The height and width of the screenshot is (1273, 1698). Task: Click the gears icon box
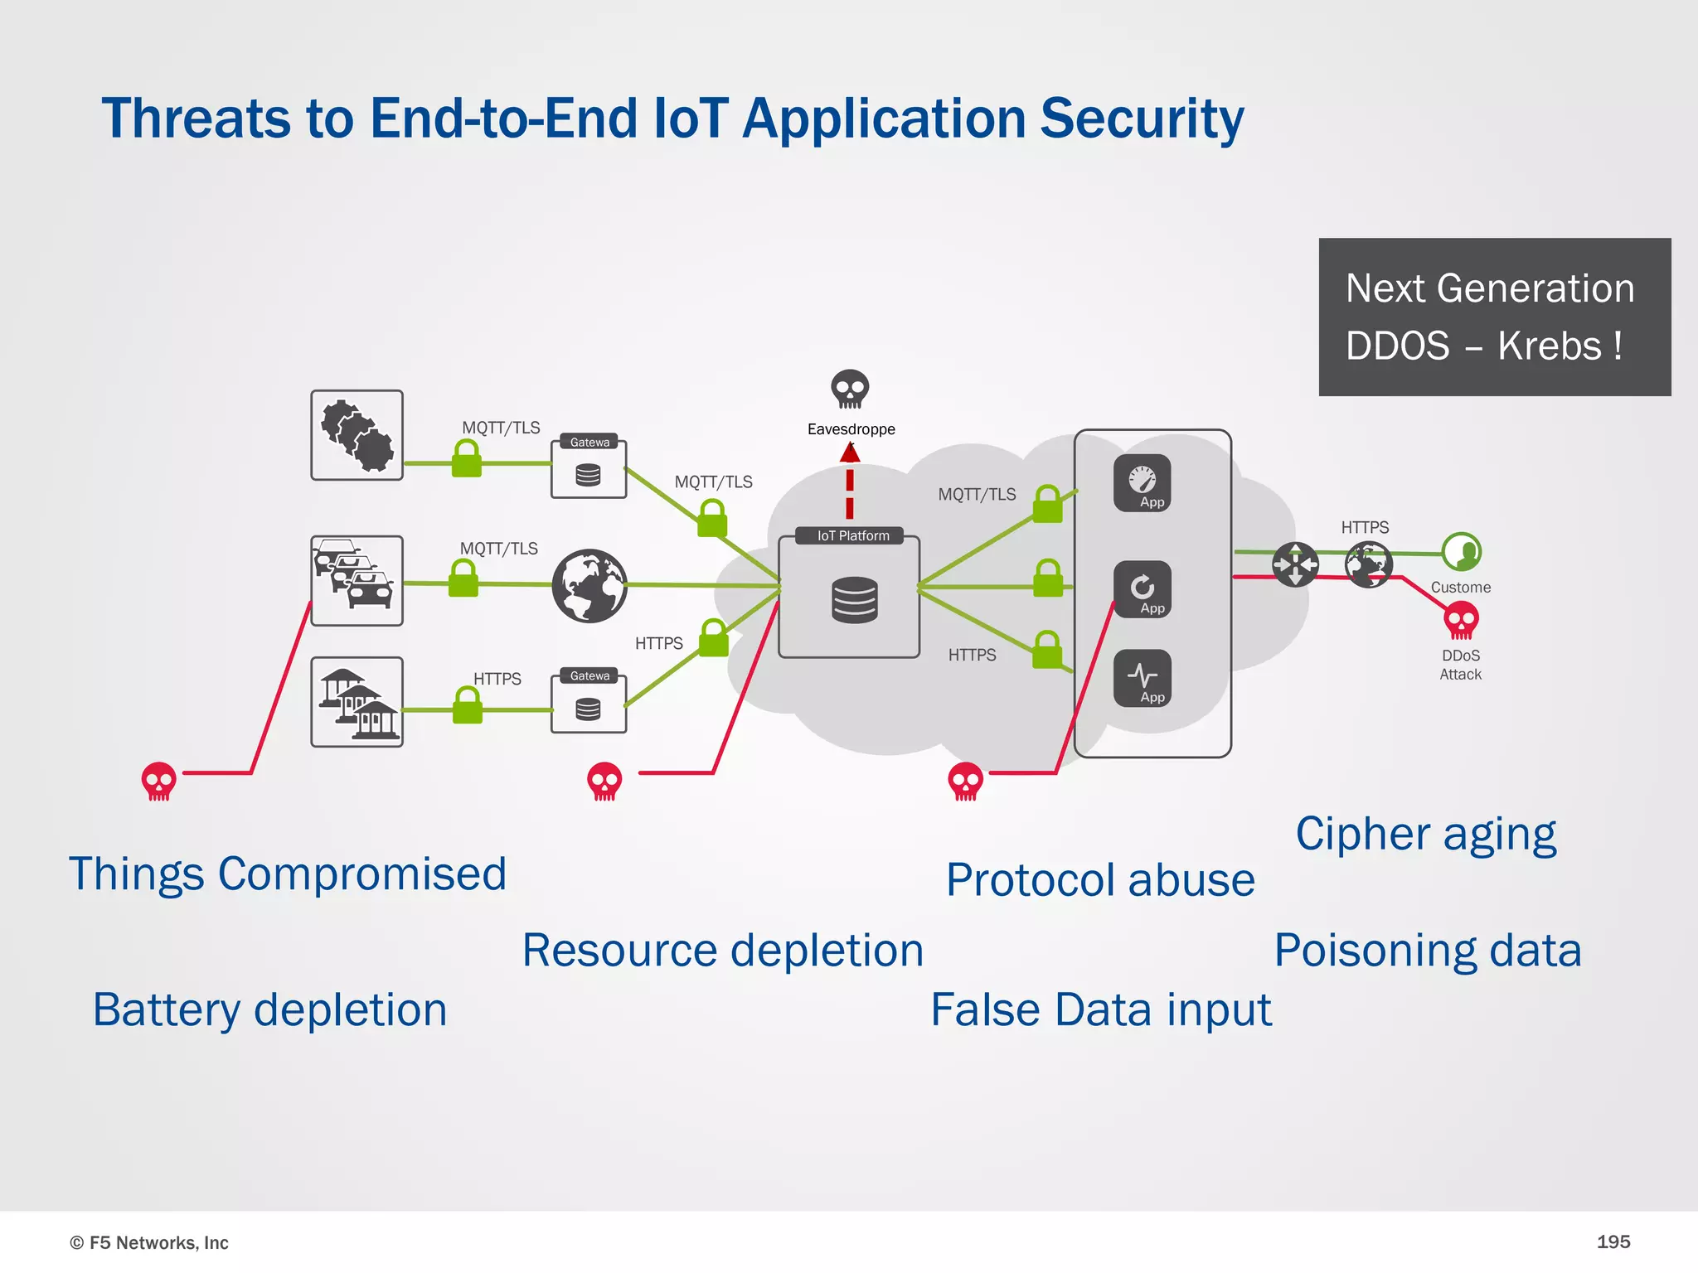point(357,435)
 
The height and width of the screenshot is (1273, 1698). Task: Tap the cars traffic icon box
point(357,580)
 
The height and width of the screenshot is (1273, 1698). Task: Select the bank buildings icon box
point(357,702)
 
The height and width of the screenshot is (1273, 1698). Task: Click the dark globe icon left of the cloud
point(589,585)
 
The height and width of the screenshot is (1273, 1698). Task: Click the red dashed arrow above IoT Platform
point(850,481)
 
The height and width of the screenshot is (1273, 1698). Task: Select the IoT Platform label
point(852,536)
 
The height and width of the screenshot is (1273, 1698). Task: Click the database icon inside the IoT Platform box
point(854,600)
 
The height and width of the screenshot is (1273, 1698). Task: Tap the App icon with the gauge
point(1143,482)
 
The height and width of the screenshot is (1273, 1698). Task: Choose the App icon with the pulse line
point(1143,678)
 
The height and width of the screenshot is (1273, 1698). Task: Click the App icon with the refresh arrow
point(1143,589)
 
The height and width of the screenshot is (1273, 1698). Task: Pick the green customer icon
point(1461,552)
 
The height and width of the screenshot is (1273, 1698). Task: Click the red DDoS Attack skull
point(1461,620)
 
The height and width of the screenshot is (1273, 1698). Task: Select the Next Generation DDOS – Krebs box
point(1494,317)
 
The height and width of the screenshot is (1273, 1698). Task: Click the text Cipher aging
point(1426,834)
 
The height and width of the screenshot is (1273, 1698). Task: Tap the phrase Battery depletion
point(270,1010)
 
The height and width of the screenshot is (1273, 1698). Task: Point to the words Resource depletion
point(723,951)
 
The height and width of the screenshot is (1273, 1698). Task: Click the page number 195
point(1613,1242)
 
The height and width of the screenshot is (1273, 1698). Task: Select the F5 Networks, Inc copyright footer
point(149,1242)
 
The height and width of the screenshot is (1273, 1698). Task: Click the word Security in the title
point(1142,119)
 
